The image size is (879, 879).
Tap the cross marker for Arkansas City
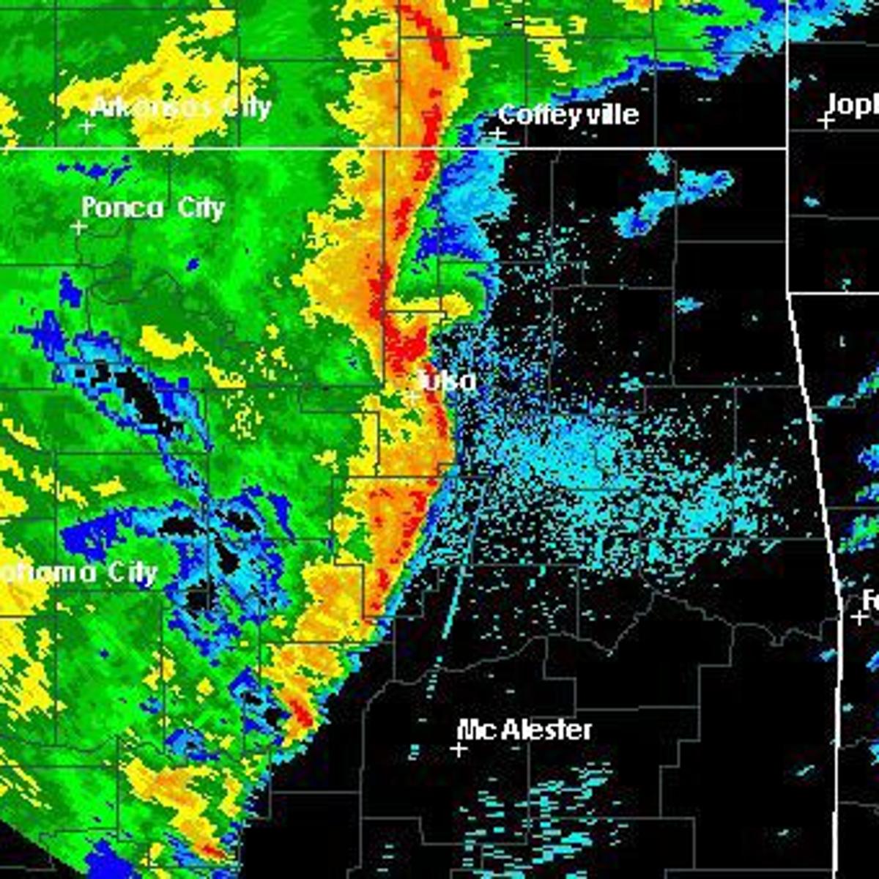[x=86, y=127]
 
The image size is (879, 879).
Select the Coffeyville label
[x=568, y=115]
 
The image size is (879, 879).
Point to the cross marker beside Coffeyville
[x=498, y=134]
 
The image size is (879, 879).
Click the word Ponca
[x=122, y=208]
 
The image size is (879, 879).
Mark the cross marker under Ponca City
[x=78, y=228]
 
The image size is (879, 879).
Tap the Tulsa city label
[x=448, y=381]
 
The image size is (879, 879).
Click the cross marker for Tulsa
[x=413, y=396]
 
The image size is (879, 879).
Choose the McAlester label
[x=524, y=730]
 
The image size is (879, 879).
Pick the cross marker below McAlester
[x=459, y=749]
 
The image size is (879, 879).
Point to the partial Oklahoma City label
[x=77, y=574]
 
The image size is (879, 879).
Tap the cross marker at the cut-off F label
[x=858, y=617]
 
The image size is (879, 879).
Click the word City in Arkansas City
[x=237, y=108]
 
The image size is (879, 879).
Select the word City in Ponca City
[x=200, y=209]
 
